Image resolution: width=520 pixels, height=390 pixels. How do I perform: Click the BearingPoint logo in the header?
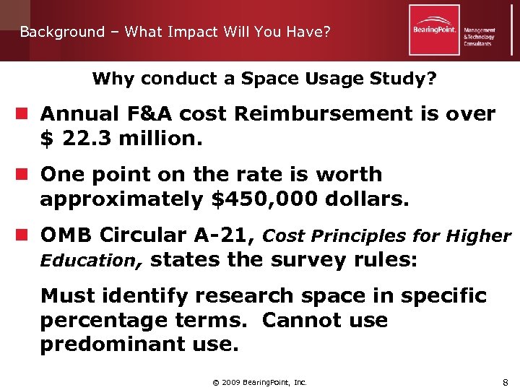pos(435,30)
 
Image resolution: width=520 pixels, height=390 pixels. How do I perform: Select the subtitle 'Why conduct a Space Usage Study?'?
pos(264,78)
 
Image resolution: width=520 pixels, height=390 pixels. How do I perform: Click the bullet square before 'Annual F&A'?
pos(24,114)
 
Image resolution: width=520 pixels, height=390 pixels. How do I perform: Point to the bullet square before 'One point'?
pos(24,175)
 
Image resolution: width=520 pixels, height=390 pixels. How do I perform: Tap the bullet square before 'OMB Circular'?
pos(24,235)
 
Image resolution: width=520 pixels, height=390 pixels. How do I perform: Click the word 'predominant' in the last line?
pos(116,344)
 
